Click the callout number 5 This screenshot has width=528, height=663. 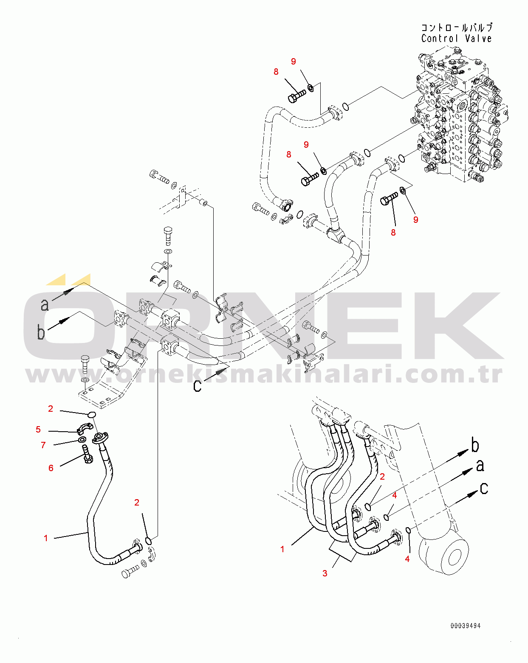pyautogui.click(x=38, y=430)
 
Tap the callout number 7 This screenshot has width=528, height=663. pyautogui.click(x=43, y=445)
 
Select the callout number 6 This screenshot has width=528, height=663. pyautogui.click(x=51, y=468)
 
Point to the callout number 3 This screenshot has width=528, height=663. pyautogui.click(x=325, y=573)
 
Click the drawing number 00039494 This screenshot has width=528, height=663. pyautogui.click(x=466, y=626)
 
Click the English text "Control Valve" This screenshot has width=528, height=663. pyautogui.click(x=456, y=39)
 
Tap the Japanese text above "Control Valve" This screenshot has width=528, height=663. pyautogui.click(x=456, y=28)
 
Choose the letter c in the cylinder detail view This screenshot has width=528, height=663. pyautogui.click(x=484, y=489)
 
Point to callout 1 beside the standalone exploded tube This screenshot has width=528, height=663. pyautogui.click(x=46, y=538)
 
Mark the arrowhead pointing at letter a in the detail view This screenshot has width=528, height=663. pyautogui.click(x=467, y=471)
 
